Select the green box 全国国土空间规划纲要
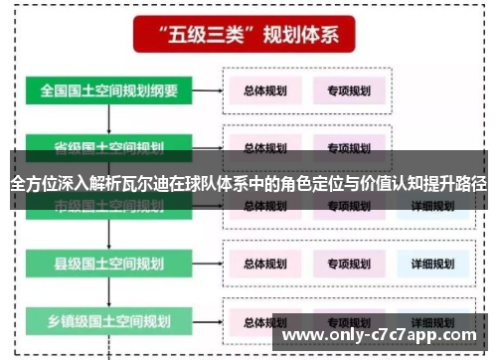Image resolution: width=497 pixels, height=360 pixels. pyautogui.click(x=109, y=91)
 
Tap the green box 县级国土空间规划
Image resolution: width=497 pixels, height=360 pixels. pyautogui.click(x=109, y=264)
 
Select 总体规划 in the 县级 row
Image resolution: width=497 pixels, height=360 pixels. pyautogui.click(x=265, y=265)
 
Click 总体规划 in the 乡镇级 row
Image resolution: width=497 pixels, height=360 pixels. pyautogui.click(x=265, y=323)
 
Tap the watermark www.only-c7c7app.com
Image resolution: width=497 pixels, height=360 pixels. pyautogui.click(x=383, y=335)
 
